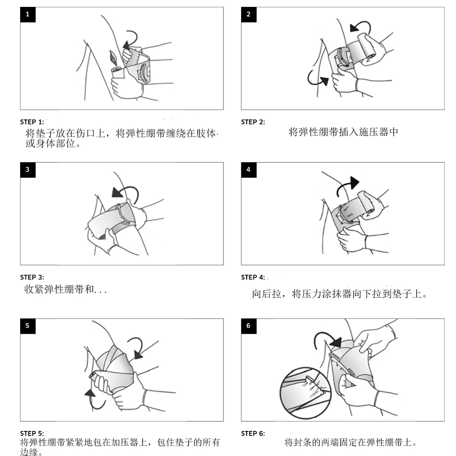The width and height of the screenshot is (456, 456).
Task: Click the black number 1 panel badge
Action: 28,15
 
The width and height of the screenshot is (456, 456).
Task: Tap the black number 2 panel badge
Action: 249,15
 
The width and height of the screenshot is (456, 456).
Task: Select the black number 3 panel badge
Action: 28,170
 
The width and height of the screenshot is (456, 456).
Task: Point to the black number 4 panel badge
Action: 249,170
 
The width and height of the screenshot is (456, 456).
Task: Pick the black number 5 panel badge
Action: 28,326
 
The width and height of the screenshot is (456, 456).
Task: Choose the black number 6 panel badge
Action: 249,326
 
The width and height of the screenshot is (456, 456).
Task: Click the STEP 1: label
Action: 32,122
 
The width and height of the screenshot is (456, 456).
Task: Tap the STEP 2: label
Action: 253,122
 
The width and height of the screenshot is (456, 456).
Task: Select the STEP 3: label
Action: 32,277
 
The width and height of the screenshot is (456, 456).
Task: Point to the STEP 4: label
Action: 253,277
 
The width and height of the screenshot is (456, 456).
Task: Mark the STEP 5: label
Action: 32,434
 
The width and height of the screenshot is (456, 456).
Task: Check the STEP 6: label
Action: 253,434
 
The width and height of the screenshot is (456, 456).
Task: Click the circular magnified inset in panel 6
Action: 306,393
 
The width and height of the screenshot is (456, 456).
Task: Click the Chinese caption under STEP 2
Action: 343,132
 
